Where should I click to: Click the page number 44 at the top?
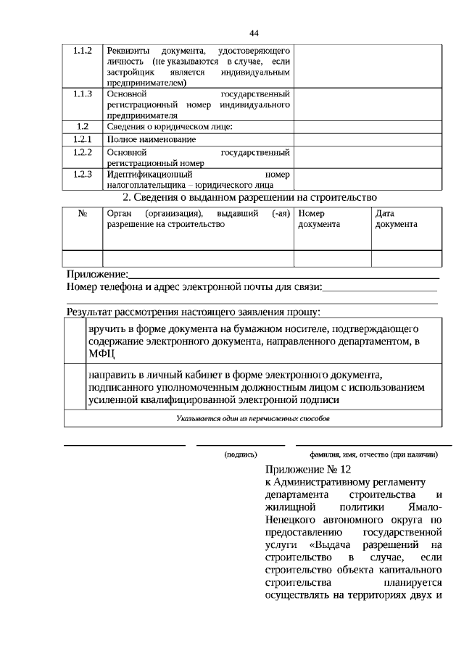[254, 33]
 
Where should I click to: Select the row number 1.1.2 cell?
[83, 51]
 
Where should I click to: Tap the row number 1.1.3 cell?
[83, 94]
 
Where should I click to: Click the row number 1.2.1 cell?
[83, 138]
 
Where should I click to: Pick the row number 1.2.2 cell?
[83, 152]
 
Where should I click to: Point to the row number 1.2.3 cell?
[83, 174]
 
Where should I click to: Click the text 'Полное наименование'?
[151, 139]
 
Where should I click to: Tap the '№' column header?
[83, 215]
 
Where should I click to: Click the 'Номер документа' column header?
[319, 219]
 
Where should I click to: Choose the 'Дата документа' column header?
[396, 219]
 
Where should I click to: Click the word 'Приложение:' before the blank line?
[97, 275]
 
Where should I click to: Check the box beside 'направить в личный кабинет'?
[75, 386]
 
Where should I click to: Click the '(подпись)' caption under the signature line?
[241, 454]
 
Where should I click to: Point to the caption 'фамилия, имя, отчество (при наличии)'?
[373, 454]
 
